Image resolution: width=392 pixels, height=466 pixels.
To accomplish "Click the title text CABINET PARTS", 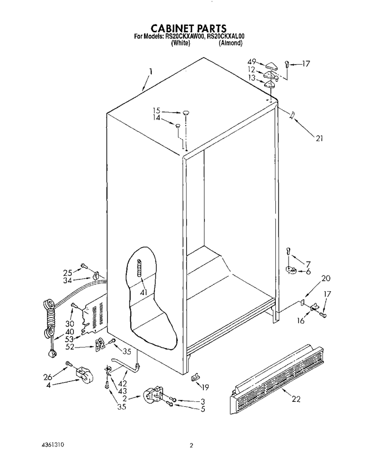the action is [189, 28].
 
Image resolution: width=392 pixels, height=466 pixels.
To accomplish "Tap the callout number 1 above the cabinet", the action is [151, 71].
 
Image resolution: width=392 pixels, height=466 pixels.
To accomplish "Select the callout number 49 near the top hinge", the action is [252, 62].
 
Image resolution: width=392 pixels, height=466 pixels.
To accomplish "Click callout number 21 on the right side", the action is [319, 138].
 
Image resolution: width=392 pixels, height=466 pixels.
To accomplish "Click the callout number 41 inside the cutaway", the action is [144, 292].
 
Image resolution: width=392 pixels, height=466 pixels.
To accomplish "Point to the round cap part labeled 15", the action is [186, 113].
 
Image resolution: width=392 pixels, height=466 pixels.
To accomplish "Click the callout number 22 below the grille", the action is [296, 399].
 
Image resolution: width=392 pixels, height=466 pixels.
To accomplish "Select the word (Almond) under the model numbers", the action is [230, 43].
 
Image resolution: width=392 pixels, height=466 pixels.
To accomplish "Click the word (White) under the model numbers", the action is [180, 43].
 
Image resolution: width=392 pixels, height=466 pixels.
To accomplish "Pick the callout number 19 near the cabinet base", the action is [205, 387].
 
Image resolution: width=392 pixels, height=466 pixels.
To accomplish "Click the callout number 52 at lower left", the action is [70, 347].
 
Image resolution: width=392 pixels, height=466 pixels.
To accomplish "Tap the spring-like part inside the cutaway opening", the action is [138, 268].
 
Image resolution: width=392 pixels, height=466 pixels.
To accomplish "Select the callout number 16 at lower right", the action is [301, 320].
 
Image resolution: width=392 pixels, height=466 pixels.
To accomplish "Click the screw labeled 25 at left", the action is [83, 265].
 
